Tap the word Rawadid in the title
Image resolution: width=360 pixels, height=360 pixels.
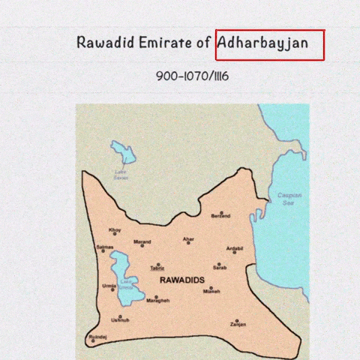105,43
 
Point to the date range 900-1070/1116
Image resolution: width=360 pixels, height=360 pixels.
192,76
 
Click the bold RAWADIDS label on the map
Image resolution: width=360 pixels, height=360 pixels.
182,280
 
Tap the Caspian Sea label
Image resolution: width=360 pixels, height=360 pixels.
289,199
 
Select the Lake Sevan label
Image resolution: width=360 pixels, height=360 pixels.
121,175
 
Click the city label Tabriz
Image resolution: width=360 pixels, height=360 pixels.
157,268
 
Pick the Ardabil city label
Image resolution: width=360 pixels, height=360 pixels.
235,248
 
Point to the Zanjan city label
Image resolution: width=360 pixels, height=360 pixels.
238,325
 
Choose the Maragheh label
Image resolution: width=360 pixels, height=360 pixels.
158,300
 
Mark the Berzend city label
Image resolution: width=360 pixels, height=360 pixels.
220,216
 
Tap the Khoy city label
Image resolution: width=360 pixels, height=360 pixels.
115,230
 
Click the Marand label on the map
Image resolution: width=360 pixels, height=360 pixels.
142,242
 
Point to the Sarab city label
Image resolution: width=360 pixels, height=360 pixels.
219,268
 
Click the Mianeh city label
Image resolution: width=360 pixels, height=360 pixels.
211,292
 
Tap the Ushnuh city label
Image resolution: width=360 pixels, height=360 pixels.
120,320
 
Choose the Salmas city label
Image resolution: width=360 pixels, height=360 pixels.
105,247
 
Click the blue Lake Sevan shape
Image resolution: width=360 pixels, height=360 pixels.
123,154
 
